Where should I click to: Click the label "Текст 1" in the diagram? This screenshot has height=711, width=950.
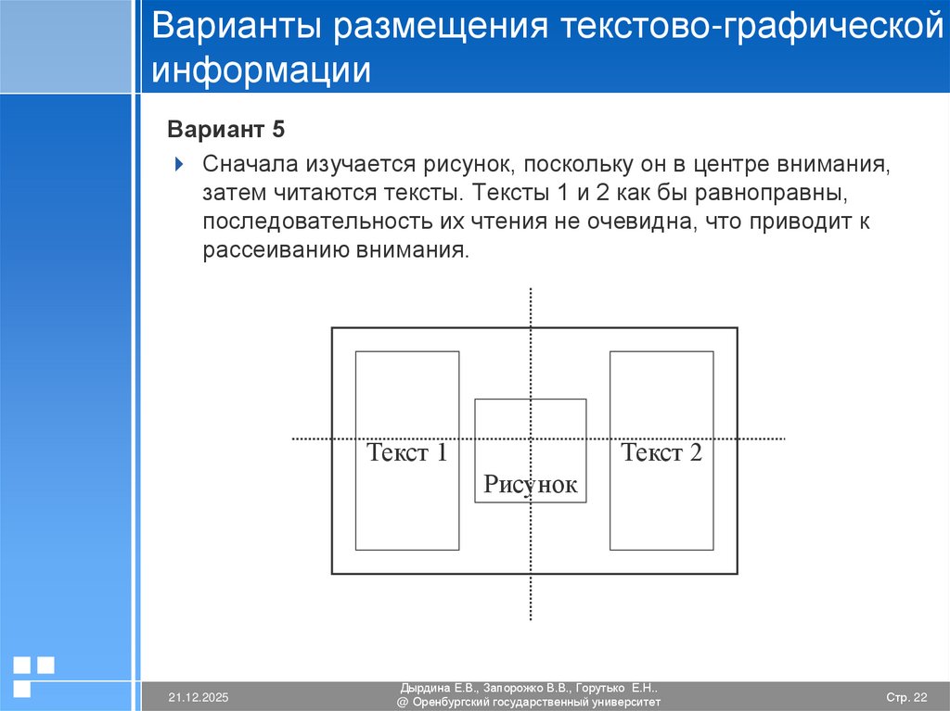pos(407,453)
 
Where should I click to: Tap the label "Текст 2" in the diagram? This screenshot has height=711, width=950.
pos(661,453)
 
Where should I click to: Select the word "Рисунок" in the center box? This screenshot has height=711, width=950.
pos(530,485)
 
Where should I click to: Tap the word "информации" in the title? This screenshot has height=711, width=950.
pos(263,70)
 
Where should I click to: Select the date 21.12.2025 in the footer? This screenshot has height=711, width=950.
pos(199,696)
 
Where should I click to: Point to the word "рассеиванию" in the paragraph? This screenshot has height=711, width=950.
pos(274,251)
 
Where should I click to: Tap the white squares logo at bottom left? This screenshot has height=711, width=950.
pos(34,674)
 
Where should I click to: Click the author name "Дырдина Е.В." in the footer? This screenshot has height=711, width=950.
pos(439,689)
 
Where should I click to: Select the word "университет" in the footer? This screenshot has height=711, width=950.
pos(626,703)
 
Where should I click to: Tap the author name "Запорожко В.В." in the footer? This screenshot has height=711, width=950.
pos(525,689)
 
